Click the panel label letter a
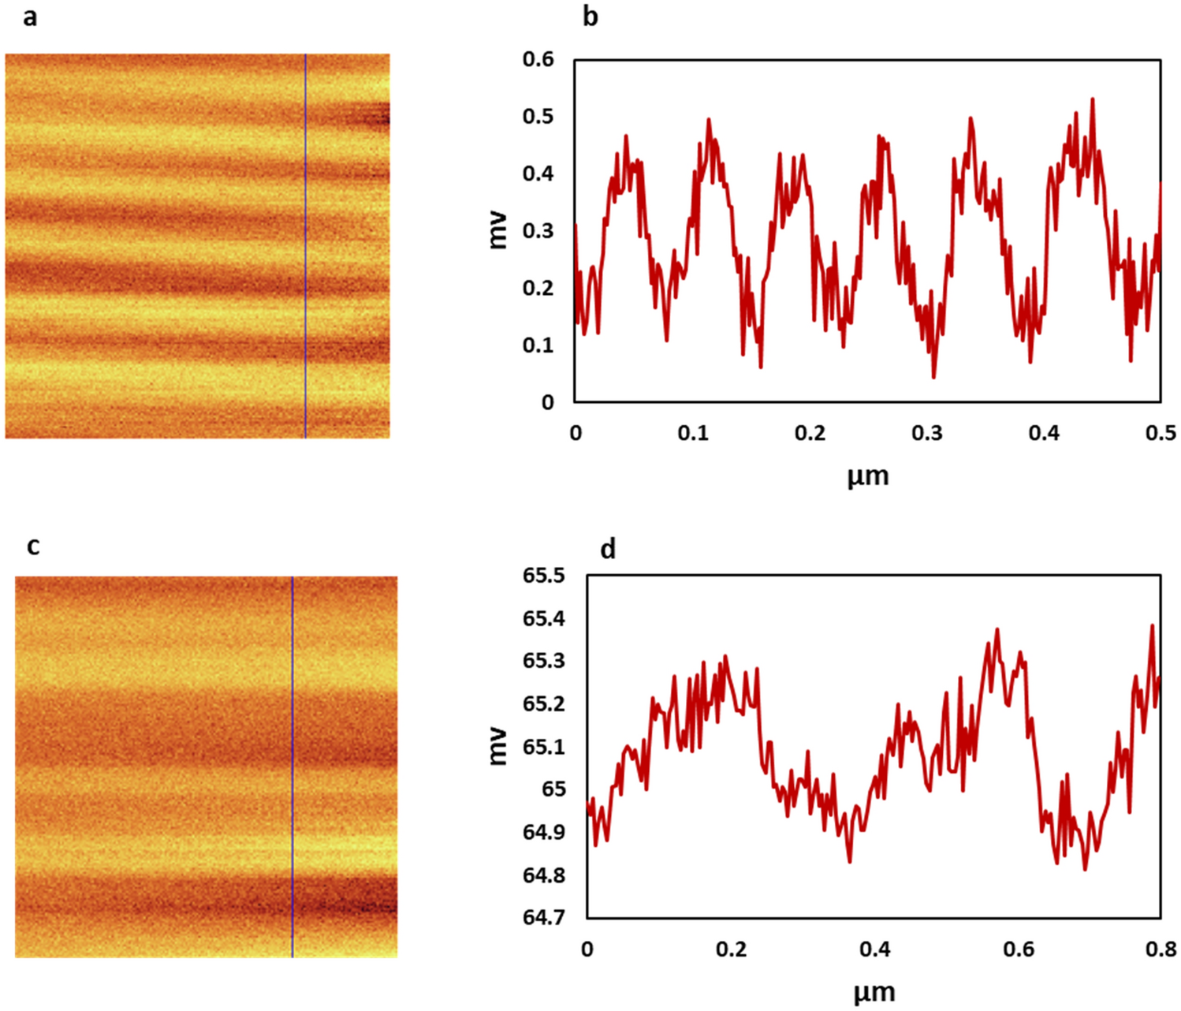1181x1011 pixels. (x=29, y=16)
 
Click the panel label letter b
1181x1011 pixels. (x=590, y=16)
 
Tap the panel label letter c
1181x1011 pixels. (x=32, y=545)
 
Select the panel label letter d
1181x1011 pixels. (x=607, y=549)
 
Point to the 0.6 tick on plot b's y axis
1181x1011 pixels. (x=538, y=59)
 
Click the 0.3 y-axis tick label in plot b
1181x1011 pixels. (x=538, y=231)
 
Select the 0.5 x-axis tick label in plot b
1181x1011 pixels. (x=1161, y=433)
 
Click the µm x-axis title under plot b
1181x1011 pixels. (x=867, y=476)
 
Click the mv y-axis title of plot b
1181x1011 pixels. (x=497, y=230)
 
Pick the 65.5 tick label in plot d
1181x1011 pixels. (x=544, y=576)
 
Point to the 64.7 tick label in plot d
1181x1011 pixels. (x=544, y=918)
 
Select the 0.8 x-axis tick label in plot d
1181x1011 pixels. (x=1161, y=949)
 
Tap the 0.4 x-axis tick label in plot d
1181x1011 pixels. (x=874, y=949)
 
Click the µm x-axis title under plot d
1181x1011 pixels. (x=874, y=992)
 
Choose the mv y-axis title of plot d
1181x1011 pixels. (x=497, y=746)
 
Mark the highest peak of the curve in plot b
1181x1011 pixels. (x=1092, y=99)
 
